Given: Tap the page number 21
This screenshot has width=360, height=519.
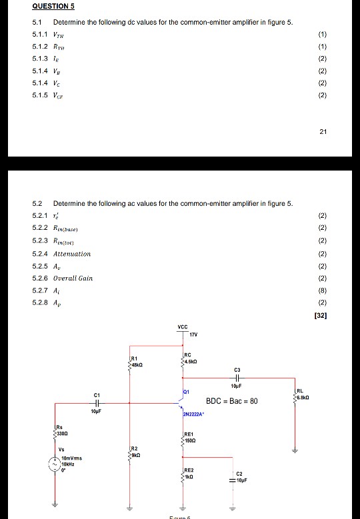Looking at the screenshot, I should [x=323, y=132].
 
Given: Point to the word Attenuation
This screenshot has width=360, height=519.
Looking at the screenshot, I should [x=73, y=254].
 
